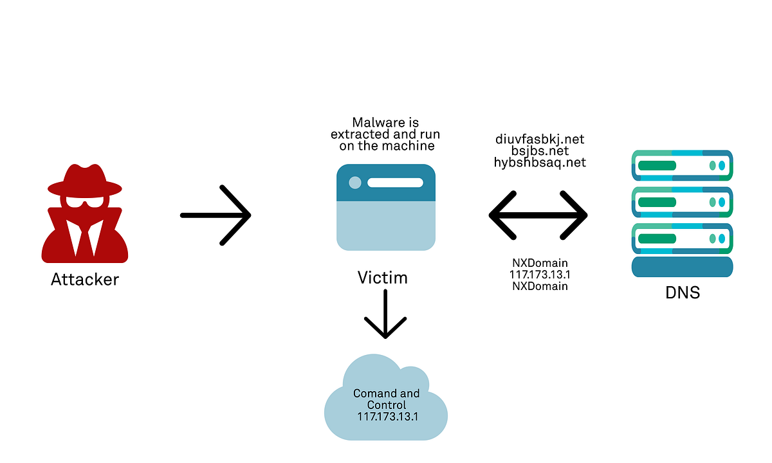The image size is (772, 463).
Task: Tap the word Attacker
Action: click(x=85, y=280)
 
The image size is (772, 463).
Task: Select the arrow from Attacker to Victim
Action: click(x=216, y=215)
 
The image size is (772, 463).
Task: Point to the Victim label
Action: click(x=383, y=278)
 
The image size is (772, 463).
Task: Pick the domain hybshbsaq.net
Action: click(x=539, y=162)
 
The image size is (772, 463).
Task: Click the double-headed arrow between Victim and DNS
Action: click(x=538, y=215)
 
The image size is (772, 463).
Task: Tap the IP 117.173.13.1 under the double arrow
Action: click(x=540, y=275)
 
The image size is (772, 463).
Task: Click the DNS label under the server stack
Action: click(x=682, y=293)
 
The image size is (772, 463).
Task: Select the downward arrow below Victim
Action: click(x=385, y=315)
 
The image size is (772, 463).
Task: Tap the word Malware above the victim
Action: click(x=375, y=122)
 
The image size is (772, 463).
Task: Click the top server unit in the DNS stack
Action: click(x=682, y=166)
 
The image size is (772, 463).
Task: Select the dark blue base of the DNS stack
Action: click(x=682, y=266)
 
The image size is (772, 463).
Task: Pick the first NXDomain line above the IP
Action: click(x=540, y=263)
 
